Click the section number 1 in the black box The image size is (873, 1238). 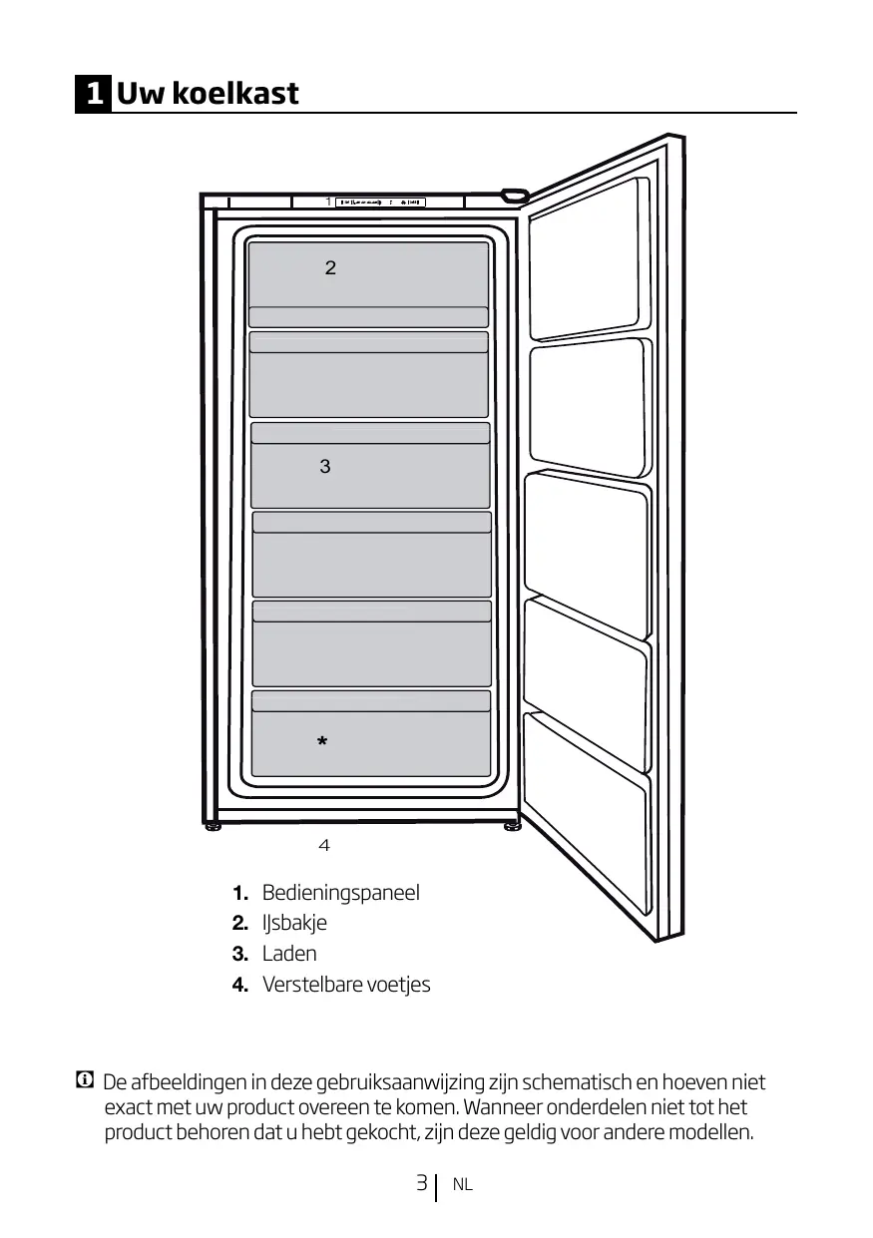tap(93, 94)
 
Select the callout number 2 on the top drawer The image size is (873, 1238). tap(330, 268)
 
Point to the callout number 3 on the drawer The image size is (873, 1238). tap(325, 466)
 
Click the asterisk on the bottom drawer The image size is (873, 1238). tap(321, 743)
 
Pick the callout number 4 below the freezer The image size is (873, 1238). tap(323, 846)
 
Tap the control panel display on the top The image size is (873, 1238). tap(380, 203)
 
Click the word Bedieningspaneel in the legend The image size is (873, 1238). tap(340, 893)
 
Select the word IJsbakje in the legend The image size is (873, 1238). tap(294, 923)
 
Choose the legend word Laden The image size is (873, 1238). tap(289, 954)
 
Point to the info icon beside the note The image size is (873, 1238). tap(84, 1080)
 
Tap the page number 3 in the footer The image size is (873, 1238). tap(422, 1184)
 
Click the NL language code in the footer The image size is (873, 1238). tap(462, 1185)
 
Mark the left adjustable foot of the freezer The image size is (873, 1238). tap(214, 825)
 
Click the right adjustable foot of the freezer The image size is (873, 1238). tap(511, 825)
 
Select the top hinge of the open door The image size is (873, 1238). tap(514, 194)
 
